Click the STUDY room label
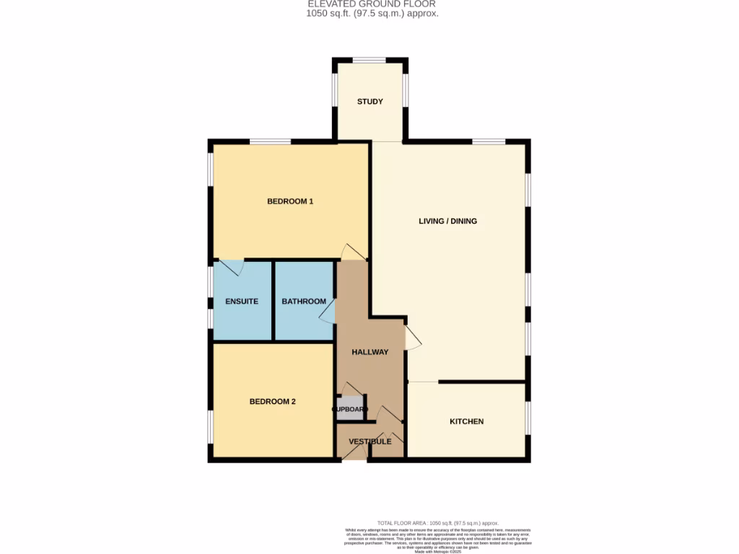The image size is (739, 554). [369, 102]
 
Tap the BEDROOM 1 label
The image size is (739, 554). [290, 201]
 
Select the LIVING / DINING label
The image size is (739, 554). [447, 221]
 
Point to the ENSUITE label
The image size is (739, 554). [242, 302]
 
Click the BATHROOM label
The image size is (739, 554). [303, 302]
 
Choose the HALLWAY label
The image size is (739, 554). [369, 352]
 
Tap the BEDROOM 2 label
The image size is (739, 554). [273, 402]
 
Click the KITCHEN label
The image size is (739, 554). [466, 421]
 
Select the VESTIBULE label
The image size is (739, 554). [369, 441]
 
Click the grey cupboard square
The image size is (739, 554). [351, 408]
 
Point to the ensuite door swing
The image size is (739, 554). [231, 268]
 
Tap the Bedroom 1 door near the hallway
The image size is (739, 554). [353, 252]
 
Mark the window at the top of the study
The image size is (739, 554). [369, 60]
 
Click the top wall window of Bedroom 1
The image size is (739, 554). [271, 141]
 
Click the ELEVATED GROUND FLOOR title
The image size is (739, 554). [369, 4]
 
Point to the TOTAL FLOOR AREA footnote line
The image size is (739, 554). [438, 523]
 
